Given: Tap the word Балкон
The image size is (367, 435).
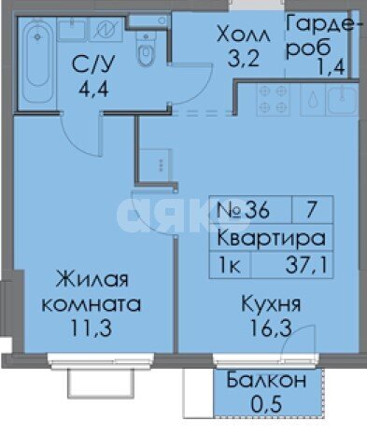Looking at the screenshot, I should (266, 382).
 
